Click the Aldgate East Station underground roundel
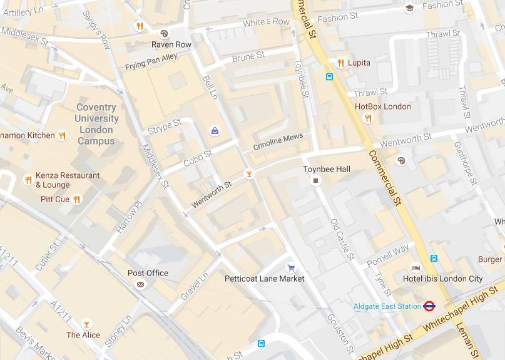[429, 306]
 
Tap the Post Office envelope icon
[140, 284]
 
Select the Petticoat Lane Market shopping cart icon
[290, 268]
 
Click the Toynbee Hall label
[326, 169]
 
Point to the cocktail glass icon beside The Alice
[86, 324]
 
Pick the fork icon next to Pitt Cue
[76, 200]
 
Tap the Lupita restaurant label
[359, 63]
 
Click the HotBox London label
[383, 106]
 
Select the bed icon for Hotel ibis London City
[416, 268]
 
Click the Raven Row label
[171, 45]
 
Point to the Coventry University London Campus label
[96, 124]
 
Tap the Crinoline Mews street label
[278, 141]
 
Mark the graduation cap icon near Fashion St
[409, 8]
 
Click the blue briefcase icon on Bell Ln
[215, 131]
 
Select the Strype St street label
[164, 126]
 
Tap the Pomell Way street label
[388, 255]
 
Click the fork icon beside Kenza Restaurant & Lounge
[28, 180]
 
